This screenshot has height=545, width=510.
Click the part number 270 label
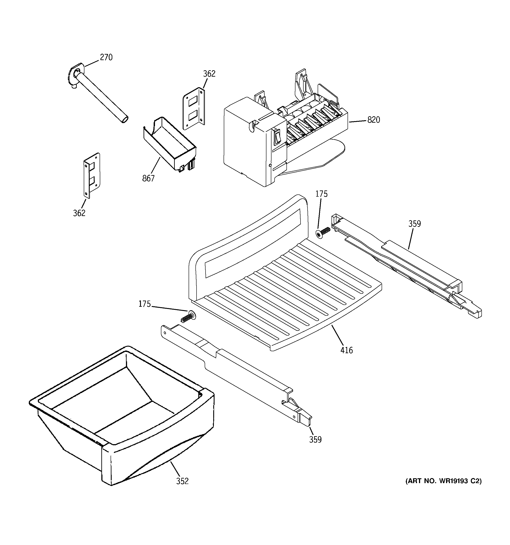click(x=106, y=57)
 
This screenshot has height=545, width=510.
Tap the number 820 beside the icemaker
click(x=373, y=120)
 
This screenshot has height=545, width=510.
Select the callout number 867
click(x=148, y=178)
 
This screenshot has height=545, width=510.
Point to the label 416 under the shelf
click(x=347, y=350)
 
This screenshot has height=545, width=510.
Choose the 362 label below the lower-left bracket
click(x=79, y=213)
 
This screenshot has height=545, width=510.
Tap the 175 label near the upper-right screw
click(x=321, y=194)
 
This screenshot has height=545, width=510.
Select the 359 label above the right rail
click(x=414, y=224)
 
